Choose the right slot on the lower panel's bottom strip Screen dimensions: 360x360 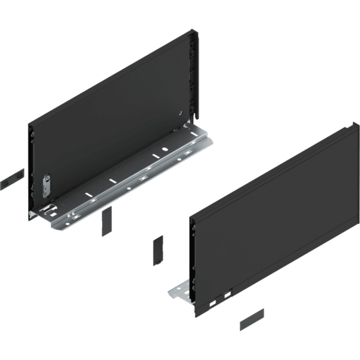226,295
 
